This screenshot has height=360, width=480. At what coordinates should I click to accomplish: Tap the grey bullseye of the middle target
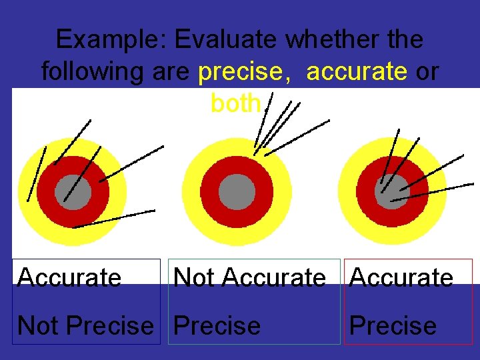[x=237, y=192]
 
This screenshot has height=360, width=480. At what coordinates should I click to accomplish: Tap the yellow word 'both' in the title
[x=236, y=103]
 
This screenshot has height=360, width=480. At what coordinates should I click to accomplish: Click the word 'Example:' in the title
[x=111, y=39]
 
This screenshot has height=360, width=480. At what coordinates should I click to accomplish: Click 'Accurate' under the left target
[x=69, y=277]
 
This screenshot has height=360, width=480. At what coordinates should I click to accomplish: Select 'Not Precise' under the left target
[x=85, y=325]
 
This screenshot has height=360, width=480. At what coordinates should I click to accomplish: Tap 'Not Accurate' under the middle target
[x=249, y=277]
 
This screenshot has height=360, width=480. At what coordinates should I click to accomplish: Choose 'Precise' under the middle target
[x=217, y=325]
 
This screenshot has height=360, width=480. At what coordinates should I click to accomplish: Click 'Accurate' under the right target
[x=401, y=277]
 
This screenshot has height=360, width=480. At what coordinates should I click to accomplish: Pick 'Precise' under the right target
[x=393, y=325]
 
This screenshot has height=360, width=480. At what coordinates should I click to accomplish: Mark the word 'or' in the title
[x=427, y=71]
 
